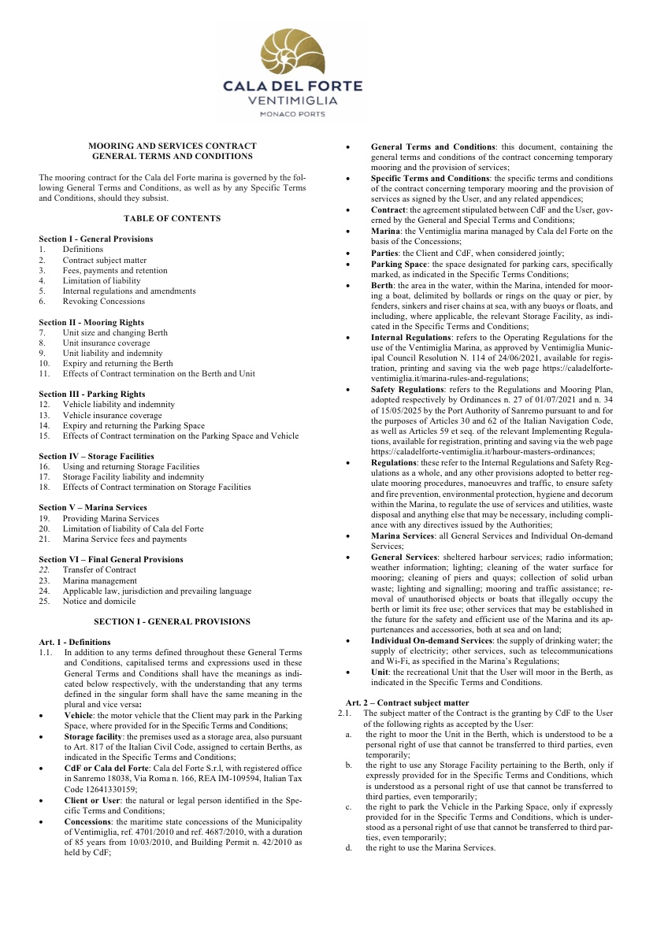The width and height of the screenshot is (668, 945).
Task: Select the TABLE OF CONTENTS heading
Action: click(172, 218)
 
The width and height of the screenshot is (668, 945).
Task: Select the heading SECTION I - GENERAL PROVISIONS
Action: click(172, 621)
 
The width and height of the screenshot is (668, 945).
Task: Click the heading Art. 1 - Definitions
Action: click(75, 642)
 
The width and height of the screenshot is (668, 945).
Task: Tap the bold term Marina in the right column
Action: click(384, 231)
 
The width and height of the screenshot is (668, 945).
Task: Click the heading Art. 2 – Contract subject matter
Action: click(407, 702)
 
